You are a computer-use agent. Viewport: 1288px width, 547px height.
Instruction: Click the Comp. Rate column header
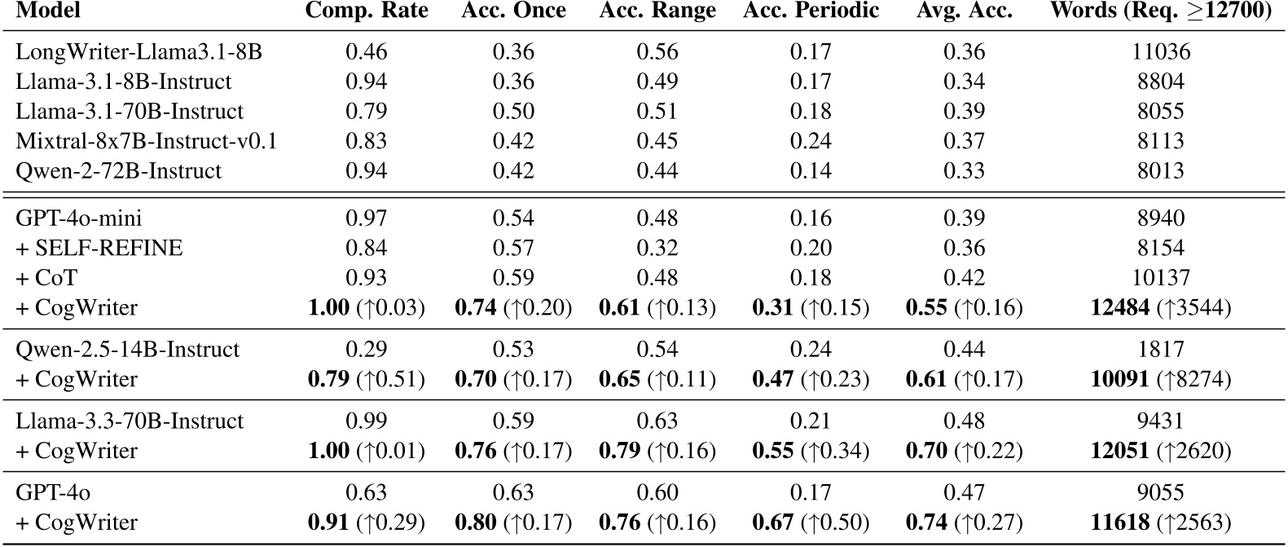pos(367,11)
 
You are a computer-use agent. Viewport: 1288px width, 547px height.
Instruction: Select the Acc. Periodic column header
pos(811,11)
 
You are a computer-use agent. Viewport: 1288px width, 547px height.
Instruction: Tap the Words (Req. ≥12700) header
pos(1161,11)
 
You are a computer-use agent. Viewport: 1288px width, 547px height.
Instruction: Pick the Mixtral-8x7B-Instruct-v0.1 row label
pos(147,141)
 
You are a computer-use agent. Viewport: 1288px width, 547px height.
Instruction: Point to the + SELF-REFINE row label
pos(99,248)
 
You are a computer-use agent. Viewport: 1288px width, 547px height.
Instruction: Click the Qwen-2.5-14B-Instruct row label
pos(128,350)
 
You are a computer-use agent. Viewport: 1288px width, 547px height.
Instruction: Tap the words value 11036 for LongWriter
pos(1161,52)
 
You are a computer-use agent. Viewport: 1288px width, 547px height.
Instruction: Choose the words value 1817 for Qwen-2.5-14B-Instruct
pos(1161,350)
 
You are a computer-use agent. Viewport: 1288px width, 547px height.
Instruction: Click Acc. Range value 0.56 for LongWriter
pos(657,52)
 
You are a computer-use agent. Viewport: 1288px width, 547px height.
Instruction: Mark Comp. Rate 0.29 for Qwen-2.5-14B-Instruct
pos(367,350)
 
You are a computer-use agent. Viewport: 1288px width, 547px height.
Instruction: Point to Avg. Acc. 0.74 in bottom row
pos(926,523)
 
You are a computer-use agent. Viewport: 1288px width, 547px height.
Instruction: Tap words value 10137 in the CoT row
pos(1161,278)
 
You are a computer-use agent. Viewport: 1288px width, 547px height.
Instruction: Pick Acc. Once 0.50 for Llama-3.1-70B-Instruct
pos(513,112)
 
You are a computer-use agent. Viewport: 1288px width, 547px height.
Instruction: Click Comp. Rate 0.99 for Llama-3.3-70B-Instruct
pos(367,421)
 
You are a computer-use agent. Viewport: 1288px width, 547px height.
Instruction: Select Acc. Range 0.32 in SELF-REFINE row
pos(657,248)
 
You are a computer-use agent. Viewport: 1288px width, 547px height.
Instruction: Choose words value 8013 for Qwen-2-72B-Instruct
pos(1161,171)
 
